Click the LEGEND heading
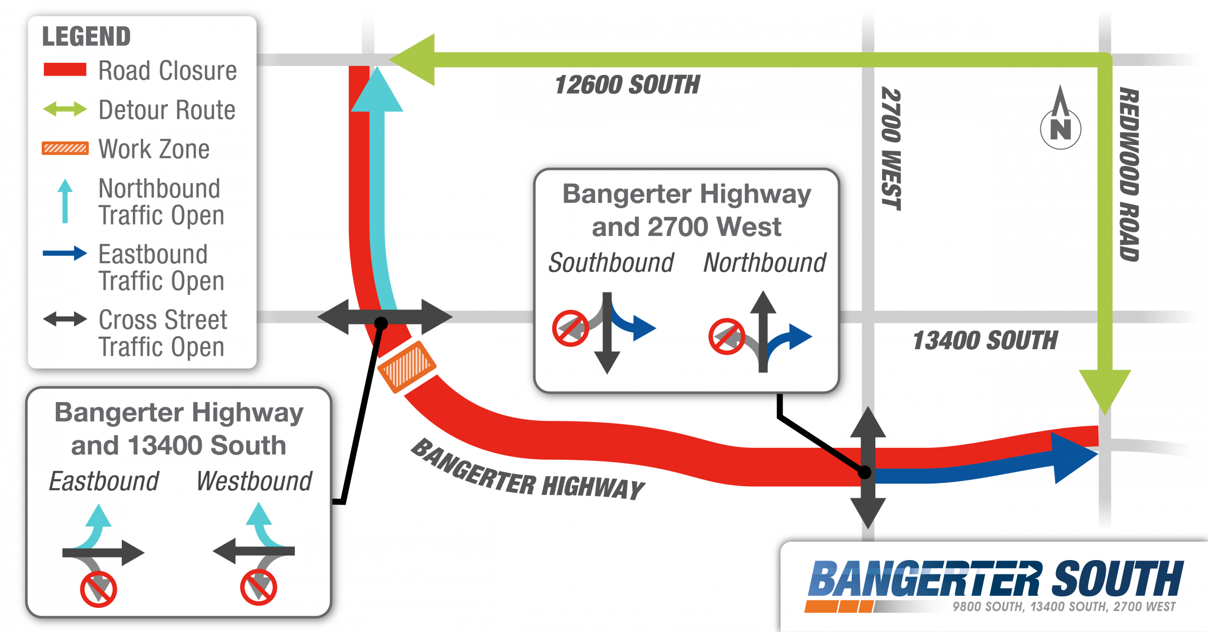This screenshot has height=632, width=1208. (86, 36)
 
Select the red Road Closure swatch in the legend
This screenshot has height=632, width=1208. (65, 69)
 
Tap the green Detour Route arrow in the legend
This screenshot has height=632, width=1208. (65, 109)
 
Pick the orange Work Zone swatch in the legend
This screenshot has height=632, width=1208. (65, 148)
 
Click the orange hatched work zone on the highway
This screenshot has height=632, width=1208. (407, 367)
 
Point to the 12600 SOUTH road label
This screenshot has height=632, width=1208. (627, 85)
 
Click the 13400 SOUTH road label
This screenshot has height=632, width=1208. (985, 340)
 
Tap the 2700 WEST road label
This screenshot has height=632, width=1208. (891, 148)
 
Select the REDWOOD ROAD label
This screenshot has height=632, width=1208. (1129, 175)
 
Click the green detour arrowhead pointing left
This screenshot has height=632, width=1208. (412, 60)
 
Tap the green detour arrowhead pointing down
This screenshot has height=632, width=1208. (1105, 392)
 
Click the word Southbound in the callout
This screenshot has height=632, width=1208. (611, 263)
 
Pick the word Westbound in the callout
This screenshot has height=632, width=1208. (254, 481)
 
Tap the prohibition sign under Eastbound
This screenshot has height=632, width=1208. (99, 589)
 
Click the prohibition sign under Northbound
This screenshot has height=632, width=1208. (727, 336)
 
